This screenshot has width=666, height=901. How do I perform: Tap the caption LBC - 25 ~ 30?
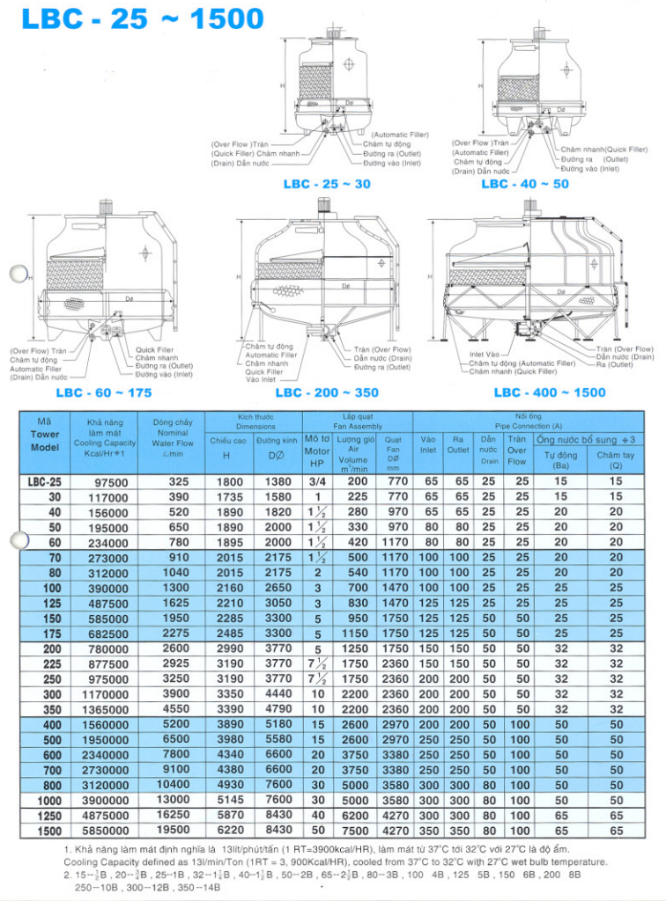327,184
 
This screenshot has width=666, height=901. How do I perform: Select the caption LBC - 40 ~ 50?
525,184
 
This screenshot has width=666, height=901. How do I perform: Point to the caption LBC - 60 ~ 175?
104,392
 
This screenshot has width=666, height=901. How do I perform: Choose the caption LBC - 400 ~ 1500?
550,392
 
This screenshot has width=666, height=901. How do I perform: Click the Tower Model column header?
45,434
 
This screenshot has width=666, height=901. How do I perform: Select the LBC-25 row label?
45,482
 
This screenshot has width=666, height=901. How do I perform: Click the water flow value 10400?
172,785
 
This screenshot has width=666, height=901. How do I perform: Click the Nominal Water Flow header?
172,438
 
